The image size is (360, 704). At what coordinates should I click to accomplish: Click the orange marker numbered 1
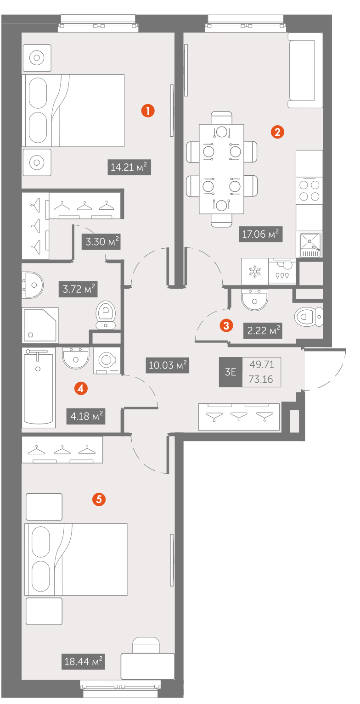(x=148, y=111)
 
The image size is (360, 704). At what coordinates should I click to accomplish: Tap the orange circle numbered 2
(x=277, y=132)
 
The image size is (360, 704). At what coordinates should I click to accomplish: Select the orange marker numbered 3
(x=226, y=325)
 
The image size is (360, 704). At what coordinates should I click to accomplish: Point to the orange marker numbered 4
(x=81, y=388)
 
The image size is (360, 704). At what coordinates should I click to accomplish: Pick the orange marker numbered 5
(x=99, y=499)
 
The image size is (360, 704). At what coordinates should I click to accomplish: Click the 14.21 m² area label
(x=129, y=167)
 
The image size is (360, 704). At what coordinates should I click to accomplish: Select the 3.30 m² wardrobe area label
(x=101, y=242)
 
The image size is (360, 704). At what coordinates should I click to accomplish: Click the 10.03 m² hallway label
(x=168, y=365)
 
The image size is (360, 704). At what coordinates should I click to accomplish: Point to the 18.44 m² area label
(x=83, y=662)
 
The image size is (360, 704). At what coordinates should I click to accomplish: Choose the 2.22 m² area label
(x=263, y=330)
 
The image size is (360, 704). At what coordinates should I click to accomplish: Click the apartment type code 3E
(x=231, y=372)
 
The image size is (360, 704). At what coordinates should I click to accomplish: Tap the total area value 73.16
(x=261, y=380)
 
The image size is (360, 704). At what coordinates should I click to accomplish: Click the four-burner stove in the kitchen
(x=309, y=190)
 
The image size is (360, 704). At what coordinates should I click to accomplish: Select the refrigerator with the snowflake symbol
(x=255, y=272)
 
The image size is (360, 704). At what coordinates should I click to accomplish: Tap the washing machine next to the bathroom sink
(x=107, y=360)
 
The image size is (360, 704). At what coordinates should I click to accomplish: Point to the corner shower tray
(x=40, y=325)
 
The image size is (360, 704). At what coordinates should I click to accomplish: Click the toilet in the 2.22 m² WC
(x=309, y=317)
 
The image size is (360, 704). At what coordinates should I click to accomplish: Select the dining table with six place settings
(x=222, y=169)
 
